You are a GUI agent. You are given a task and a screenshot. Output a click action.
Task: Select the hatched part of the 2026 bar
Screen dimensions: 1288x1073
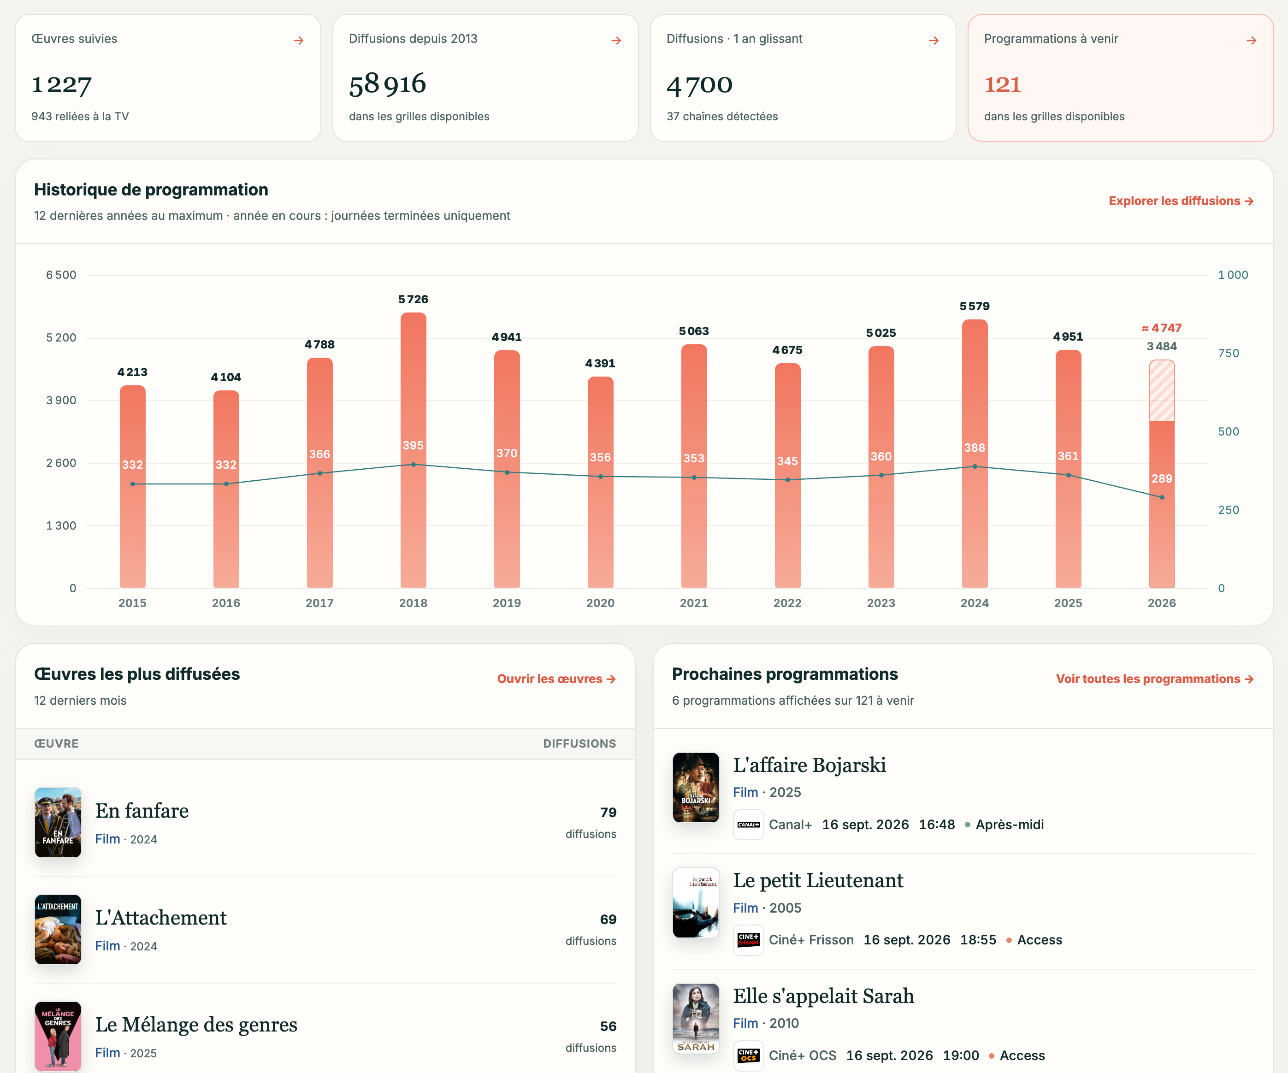(1162, 390)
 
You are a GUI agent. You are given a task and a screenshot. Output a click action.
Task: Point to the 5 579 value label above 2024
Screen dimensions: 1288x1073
(975, 306)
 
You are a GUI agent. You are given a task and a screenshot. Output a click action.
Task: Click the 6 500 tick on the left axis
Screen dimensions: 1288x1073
(61, 275)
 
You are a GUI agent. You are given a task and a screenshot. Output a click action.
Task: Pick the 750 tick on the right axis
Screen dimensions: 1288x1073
(1229, 353)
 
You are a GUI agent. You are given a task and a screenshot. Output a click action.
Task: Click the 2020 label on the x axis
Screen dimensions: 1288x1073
(601, 603)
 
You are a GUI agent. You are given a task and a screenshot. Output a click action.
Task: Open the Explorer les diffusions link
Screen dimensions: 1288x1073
(1181, 201)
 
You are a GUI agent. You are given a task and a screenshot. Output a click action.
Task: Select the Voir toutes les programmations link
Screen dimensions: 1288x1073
(1154, 679)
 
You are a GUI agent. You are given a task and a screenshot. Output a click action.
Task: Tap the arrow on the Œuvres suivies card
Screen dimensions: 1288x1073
(299, 41)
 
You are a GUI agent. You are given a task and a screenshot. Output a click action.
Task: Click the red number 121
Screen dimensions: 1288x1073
(1003, 85)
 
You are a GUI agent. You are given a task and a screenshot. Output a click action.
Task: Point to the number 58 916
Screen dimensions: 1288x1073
(388, 84)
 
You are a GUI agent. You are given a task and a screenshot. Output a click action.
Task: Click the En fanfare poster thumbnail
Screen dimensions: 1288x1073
(58, 822)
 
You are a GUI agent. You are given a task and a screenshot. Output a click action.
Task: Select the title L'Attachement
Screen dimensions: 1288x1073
(161, 917)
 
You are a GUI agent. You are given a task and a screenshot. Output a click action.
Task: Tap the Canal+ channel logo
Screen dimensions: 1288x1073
(748, 825)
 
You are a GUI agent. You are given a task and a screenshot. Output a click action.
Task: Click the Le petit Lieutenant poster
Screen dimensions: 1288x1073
(696, 902)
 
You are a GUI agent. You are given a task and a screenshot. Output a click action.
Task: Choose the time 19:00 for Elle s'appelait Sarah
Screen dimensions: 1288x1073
(961, 1055)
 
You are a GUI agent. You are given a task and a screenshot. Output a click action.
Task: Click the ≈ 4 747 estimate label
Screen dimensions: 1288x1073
(1162, 328)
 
